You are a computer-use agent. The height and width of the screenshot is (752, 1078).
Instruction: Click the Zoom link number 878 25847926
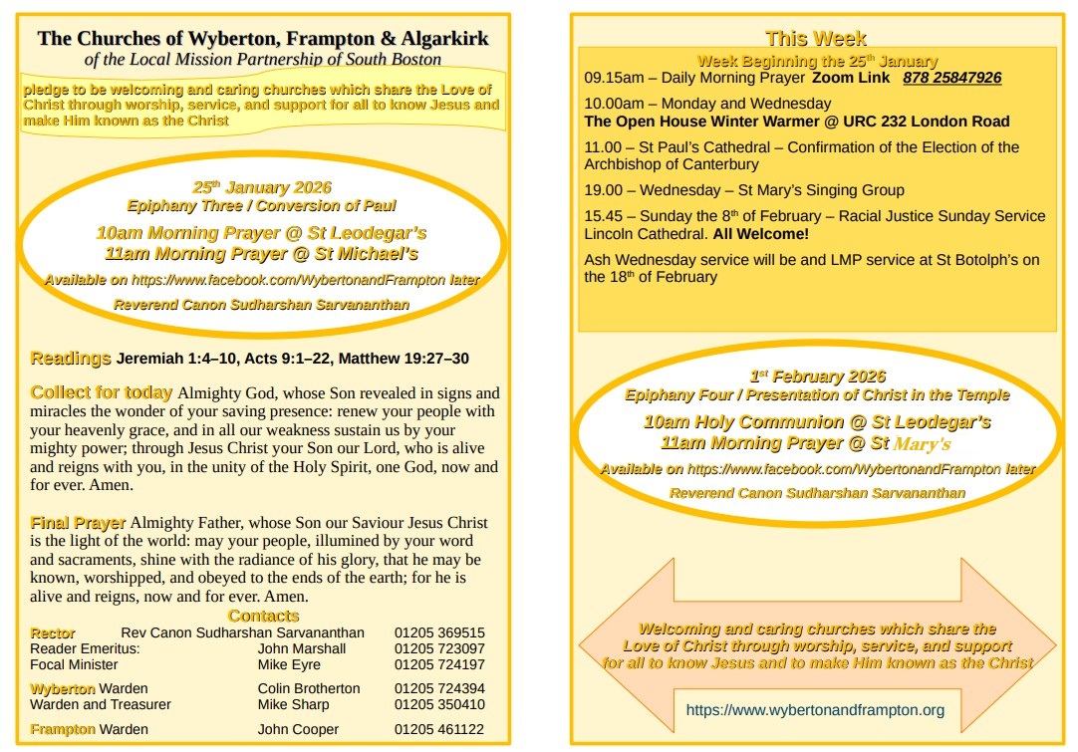(x=951, y=78)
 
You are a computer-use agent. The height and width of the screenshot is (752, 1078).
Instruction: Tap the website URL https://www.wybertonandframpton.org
(x=815, y=710)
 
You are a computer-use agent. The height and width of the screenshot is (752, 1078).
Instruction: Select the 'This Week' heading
(x=815, y=39)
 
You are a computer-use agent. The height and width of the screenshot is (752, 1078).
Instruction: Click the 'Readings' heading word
(x=71, y=359)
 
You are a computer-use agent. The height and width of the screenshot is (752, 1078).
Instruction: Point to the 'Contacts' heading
(x=263, y=616)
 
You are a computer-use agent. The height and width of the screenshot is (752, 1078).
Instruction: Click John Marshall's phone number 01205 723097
(x=439, y=648)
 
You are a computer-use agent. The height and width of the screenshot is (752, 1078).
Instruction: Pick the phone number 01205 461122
(x=439, y=729)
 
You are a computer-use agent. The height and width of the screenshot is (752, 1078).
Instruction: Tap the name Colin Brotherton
(x=309, y=688)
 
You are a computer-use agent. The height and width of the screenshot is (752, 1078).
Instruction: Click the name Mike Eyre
(x=289, y=664)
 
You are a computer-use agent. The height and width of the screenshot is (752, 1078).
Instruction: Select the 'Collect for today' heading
(x=102, y=392)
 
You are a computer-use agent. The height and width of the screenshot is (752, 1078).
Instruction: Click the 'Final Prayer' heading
(x=78, y=522)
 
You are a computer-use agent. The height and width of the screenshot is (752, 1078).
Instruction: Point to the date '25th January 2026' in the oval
(x=261, y=187)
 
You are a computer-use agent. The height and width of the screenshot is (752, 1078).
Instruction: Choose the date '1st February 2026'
(x=817, y=376)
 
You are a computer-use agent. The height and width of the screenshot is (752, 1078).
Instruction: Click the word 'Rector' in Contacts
(x=53, y=632)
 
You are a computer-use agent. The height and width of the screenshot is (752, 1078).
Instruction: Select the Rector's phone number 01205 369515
(x=439, y=632)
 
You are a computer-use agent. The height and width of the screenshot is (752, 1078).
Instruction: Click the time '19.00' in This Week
(x=603, y=190)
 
